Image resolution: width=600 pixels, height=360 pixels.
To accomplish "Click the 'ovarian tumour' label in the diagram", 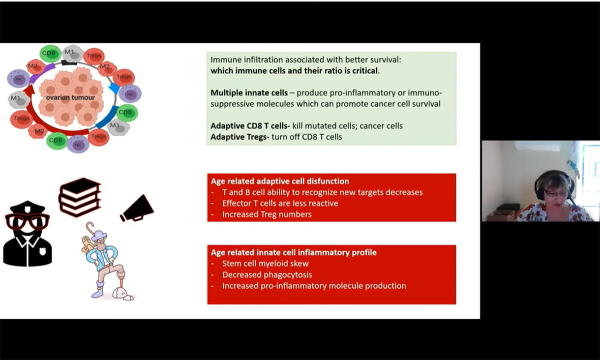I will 70,97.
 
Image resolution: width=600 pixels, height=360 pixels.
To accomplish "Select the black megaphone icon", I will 138,209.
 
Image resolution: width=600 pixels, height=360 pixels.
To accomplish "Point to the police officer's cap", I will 28,207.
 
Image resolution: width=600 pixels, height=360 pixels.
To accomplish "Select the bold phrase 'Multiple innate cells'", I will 252,92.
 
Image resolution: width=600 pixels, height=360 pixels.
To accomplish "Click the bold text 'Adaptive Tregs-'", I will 240,137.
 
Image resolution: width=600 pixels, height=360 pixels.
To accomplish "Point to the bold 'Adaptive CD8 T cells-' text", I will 250,126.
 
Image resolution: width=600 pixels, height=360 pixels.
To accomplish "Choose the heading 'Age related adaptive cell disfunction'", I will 280,181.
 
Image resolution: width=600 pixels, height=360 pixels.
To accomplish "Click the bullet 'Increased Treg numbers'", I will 267,214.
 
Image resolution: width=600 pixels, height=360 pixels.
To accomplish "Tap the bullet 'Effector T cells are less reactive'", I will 280,203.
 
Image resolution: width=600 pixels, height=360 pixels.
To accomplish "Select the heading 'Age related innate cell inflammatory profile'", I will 293,252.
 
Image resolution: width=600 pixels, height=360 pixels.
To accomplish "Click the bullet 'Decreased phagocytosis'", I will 267,275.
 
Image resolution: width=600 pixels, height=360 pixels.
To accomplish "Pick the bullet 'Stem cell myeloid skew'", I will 265,264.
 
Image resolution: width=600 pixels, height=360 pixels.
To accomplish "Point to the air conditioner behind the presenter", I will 538,146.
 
